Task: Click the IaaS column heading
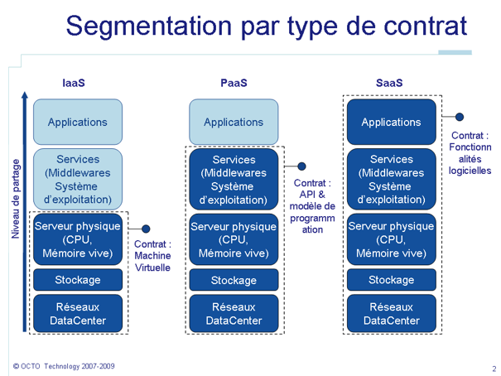coord(74,83)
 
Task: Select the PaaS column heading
coord(234,83)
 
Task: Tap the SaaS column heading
coord(389,83)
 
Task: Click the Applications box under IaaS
coord(78,122)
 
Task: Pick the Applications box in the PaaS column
coord(234,122)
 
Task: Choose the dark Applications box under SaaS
coord(392,122)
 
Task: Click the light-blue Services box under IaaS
coord(78,179)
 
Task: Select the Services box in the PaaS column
coord(234,179)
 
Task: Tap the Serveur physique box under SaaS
coord(392,239)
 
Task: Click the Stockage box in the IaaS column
coord(78,280)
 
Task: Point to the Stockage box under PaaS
coord(234,280)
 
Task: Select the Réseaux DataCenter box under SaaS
coord(392,313)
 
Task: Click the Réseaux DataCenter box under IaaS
coord(78,313)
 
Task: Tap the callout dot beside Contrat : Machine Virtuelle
coord(146,229)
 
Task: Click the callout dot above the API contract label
coord(301,166)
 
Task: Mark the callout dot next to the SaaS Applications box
coord(460,117)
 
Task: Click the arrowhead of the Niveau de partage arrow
coord(25,95)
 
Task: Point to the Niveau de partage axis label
coord(16,199)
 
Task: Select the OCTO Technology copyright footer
coord(64,366)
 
